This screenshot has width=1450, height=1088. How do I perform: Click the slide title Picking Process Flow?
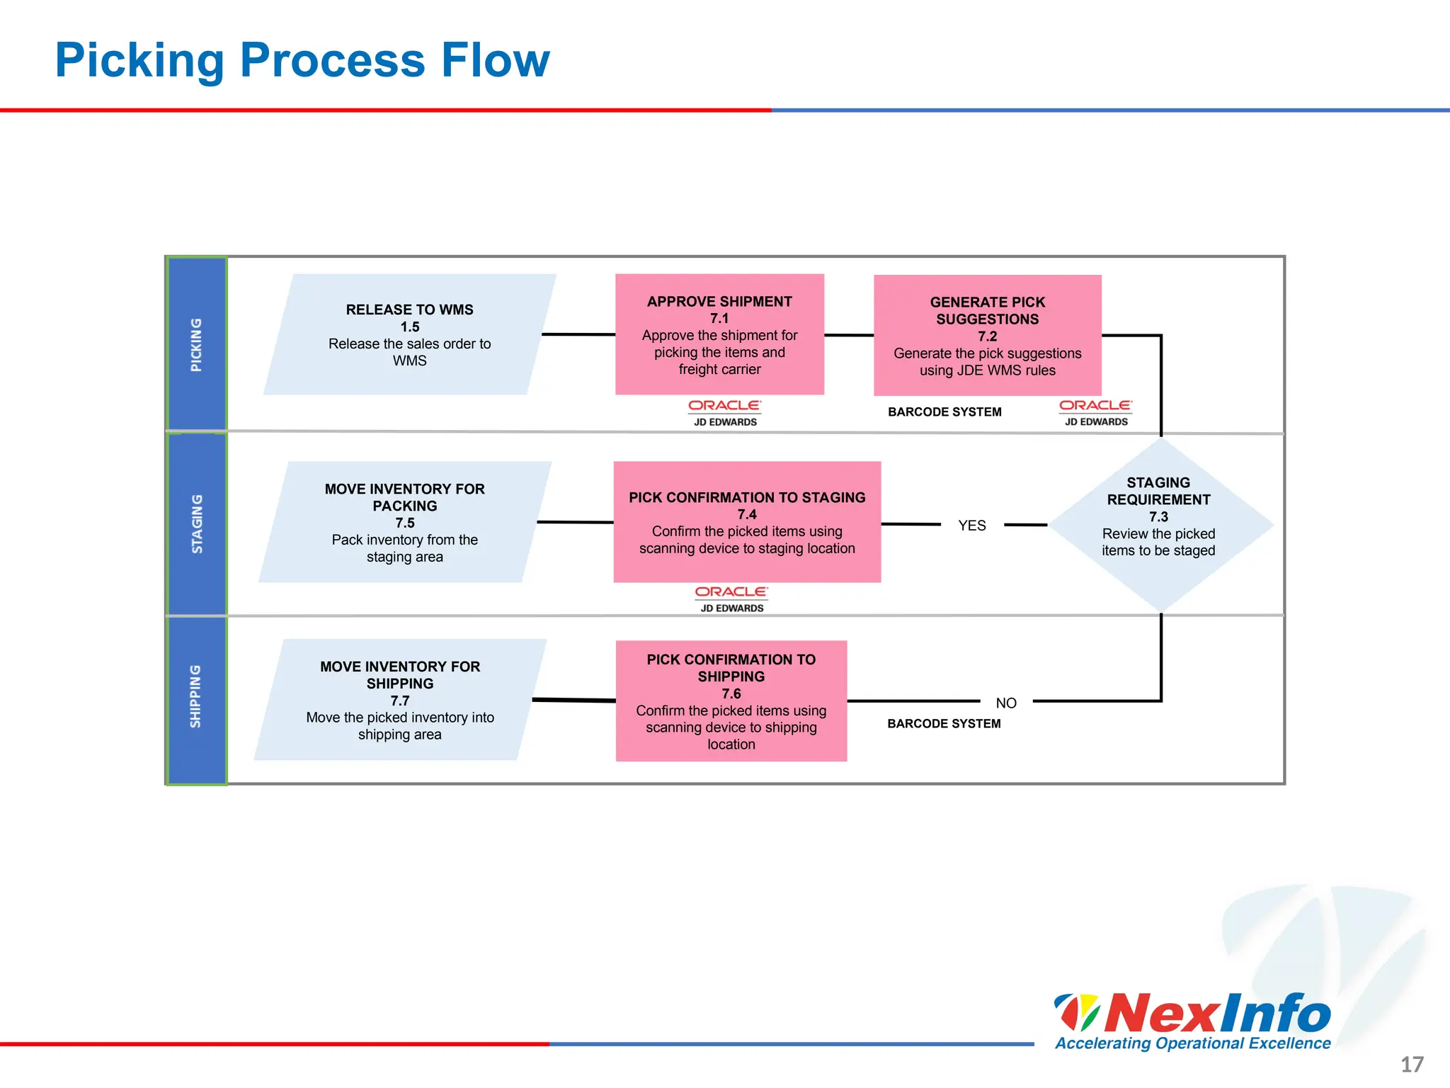[x=302, y=60]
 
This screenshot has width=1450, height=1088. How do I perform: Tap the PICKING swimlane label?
[x=196, y=344]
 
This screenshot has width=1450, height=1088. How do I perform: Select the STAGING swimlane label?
[x=197, y=524]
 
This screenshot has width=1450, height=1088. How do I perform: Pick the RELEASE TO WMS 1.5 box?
[x=409, y=334]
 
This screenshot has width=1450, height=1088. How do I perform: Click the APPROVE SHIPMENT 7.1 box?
[x=719, y=334]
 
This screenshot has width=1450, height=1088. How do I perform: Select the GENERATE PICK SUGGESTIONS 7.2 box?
[x=987, y=335]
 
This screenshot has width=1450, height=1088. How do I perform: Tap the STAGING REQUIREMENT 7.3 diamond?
[x=1159, y=524]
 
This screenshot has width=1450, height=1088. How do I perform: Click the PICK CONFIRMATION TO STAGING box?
[x=747, y=522]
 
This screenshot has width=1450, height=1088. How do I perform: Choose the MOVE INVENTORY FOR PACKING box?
[x=404, y=522]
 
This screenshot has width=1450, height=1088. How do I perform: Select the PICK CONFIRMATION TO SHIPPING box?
[x=731, y=701]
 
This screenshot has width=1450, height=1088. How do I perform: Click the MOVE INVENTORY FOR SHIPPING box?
[x=400, y=700]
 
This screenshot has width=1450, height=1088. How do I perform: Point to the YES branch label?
[x=971, y=526]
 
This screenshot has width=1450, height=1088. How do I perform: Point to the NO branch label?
[x=1005, y=703]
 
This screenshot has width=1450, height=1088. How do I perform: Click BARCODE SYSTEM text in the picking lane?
[x=944, y=412]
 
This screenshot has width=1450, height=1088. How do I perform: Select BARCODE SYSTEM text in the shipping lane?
[x=944, y=724]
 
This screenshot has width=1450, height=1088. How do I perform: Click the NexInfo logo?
[x=1193, y=1021]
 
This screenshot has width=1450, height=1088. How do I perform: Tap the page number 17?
[x=1412, y=1065]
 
